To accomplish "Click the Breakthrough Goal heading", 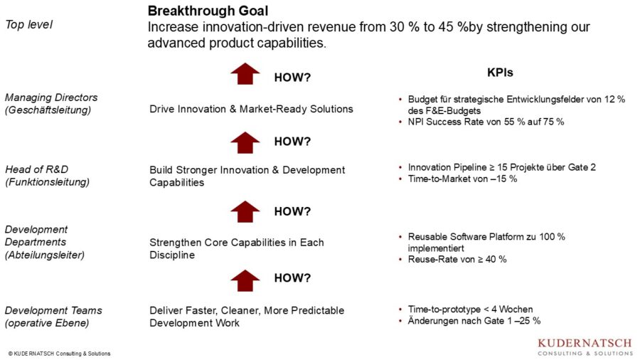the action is coord(208,11).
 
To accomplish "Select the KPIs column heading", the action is coord(500,73).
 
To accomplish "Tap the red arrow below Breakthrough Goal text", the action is coord(245,74).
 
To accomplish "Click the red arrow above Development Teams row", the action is coord(245,281).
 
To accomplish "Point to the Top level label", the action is coord(28,25).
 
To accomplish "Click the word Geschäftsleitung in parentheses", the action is coord(48,110).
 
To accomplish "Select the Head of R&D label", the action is coord(37,169).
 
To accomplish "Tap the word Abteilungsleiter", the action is coord(45,255).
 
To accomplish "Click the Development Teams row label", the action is coord(53,311).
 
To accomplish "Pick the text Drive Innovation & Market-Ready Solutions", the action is coord(251,109).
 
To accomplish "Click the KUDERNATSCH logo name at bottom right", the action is coord(585,343).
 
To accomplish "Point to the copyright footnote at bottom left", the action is coord(59,354).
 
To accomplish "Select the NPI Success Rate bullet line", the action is coord(486,122).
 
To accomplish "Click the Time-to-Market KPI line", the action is coord(462,179).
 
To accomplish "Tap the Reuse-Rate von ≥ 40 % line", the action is coord(457,259).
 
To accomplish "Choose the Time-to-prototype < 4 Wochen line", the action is coord(470,309).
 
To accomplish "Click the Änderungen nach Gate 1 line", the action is coord(474,321).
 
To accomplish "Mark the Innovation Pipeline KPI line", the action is coord(501,167).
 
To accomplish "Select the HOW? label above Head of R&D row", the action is coord(292,142).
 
